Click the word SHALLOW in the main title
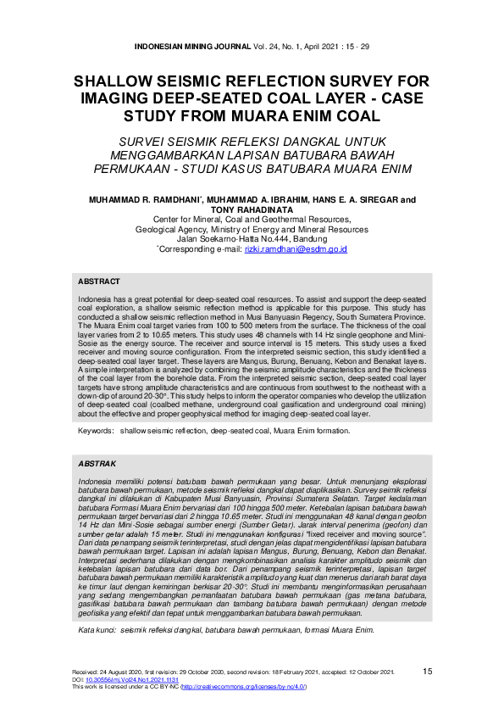pyautogui.click(x=115, y=82)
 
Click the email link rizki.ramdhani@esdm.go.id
pyautogui.click(x=296, y=249)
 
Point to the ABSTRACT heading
pyautogui.click(x=98, y=282)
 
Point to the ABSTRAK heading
pyautogui.click(x=97, y=465)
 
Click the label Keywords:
pyautogui.click(x=96, y=431)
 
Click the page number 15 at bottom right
pyautogui.click(x=428, y=672)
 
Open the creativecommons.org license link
pyautogui.click(x=254, y=687)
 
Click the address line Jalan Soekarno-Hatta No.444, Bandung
pyautogui.click(x=251, y=239)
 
